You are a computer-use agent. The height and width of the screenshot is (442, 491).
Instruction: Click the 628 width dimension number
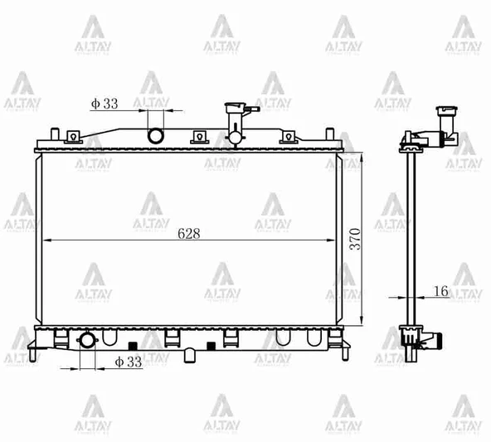pyautogui.click(x=188, y=233)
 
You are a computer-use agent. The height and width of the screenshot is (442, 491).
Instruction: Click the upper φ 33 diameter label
pyautogui.click(x=105, y=104)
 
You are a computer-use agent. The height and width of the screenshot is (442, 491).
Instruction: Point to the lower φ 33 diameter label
pyautogui.click(x=129, y=362)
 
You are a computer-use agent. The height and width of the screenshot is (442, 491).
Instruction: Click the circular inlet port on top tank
pyautogui.click(x=155, y=135)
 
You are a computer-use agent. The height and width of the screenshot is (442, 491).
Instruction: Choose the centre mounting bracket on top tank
pyautogui.click(x=198, y=137)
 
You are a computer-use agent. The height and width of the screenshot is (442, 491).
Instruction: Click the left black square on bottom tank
pyautogui.click(x=131, y=344)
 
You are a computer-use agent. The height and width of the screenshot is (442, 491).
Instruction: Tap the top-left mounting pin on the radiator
pyautogui.click(x=54, y=133)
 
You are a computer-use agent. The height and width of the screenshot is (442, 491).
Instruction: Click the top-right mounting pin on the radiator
pyautogui.click(x=332, y=133)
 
